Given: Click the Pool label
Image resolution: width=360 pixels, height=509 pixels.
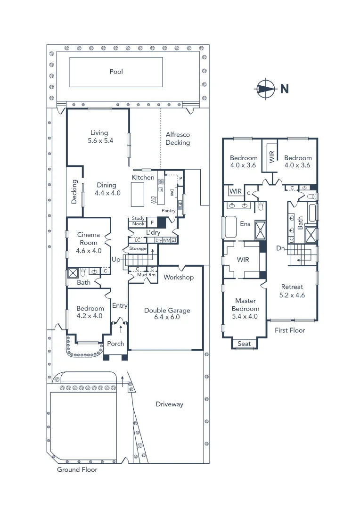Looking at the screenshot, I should (116, 72).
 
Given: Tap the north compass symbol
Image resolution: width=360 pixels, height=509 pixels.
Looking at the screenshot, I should (265, 89).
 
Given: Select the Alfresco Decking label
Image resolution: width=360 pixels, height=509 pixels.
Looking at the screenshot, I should (178, 139).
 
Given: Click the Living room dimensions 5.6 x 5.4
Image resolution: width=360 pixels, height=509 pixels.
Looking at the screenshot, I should (100, 141).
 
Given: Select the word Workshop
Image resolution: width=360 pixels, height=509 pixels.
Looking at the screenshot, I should (178, 277).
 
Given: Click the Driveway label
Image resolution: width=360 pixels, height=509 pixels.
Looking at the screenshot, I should (169, 404).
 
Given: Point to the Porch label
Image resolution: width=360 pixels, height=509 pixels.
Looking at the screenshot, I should (115, 344).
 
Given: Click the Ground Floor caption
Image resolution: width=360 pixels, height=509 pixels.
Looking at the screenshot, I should (77, 470).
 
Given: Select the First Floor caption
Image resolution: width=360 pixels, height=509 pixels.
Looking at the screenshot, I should (290, 330).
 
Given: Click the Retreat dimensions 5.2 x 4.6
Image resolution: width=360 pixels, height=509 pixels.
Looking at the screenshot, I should (293, 296).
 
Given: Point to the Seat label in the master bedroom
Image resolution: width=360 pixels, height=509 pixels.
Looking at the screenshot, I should (244, 344).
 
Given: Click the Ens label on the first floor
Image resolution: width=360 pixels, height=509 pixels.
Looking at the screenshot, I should (245, 224).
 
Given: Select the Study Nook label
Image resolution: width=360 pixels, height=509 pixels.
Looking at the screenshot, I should (138, 221).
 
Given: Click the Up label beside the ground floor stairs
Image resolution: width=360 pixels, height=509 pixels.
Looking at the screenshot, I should (116, 260).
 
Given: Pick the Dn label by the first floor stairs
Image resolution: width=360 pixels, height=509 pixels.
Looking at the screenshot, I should (280, 248).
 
